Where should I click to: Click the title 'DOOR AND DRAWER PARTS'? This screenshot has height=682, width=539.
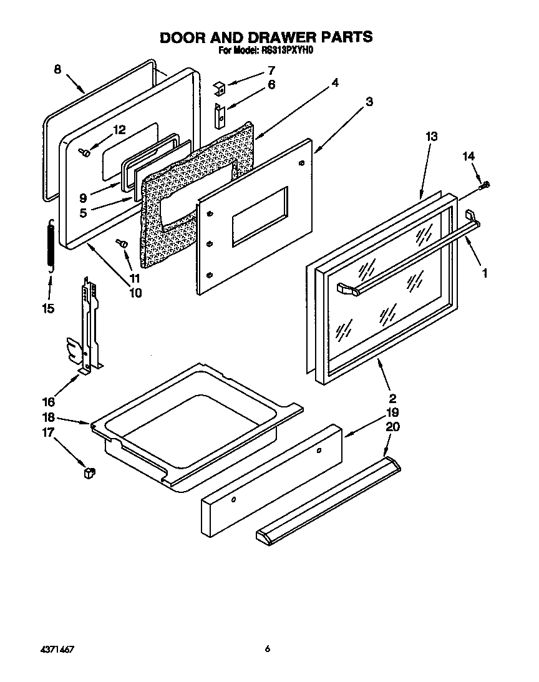point(266,37)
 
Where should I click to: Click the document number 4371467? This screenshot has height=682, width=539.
point(59,650)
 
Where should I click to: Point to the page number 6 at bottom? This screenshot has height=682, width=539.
point(267,650)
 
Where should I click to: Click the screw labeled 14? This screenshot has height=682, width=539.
point(485,185)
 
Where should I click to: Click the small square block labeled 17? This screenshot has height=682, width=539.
point(88,473)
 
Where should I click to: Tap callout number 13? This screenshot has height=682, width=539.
point(431,136)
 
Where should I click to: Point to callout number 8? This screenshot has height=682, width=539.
point(57,70)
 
